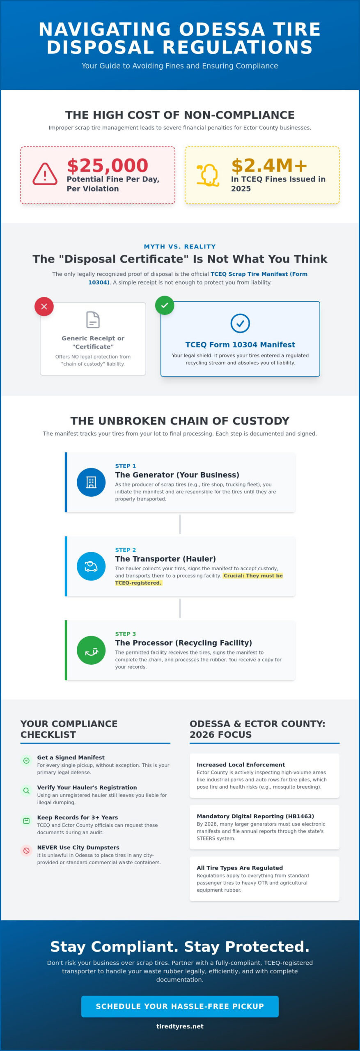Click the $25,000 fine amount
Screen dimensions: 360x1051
(108, 165)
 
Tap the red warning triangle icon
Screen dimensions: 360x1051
(45, 174)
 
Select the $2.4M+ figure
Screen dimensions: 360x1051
(269, 165)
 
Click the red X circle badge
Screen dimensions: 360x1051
(44, 306)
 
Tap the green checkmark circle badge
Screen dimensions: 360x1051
(165, 305)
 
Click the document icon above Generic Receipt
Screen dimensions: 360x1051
(93, 320)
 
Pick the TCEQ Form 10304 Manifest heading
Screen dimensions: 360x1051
(240, 344)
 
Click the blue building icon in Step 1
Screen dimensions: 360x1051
(91, 482)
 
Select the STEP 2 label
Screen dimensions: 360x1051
(125, 550)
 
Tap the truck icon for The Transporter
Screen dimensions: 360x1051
(91, 566)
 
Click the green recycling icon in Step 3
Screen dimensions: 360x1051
(91, 650)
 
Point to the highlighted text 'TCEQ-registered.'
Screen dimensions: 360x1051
(138, 583)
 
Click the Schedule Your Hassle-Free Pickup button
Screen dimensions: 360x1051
(180, 1006)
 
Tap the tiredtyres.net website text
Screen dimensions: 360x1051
(180, 1026)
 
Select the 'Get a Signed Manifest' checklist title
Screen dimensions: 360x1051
(71, 757)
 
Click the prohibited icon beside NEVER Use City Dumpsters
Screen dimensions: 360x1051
(26, 850)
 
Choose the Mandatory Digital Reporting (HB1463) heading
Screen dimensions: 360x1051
(255, 816)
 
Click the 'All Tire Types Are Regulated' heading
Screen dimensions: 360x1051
(240, 868)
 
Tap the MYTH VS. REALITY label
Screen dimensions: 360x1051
(180, 246)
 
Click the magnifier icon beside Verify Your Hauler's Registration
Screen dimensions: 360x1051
(26, 790)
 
